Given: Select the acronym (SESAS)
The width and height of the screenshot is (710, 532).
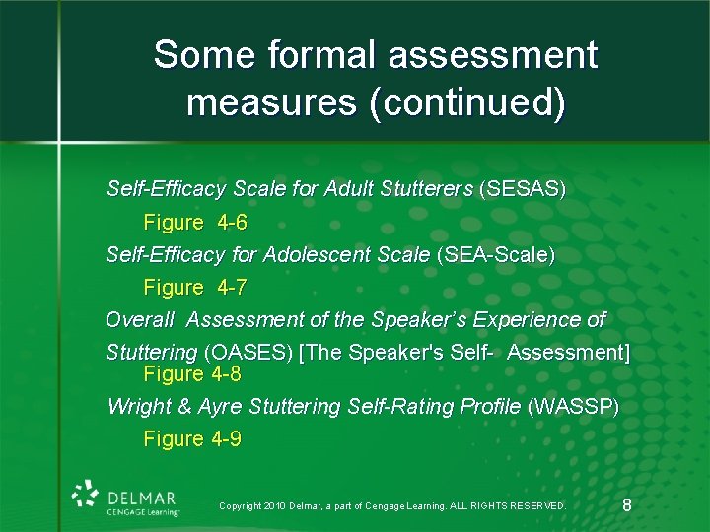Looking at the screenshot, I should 522,189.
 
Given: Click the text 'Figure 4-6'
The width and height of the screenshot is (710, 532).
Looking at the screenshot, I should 195,222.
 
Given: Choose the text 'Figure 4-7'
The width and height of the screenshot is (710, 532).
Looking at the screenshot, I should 195,288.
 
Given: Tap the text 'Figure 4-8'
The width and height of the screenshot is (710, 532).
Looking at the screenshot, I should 192,374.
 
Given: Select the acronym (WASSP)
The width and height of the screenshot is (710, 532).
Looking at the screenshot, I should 574,406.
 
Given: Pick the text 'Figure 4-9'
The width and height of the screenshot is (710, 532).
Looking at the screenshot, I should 192,439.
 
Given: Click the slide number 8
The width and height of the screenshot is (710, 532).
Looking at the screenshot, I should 628,505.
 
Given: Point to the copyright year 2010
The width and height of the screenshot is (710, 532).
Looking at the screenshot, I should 276,506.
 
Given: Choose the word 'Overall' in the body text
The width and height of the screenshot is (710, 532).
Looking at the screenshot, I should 140,320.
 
